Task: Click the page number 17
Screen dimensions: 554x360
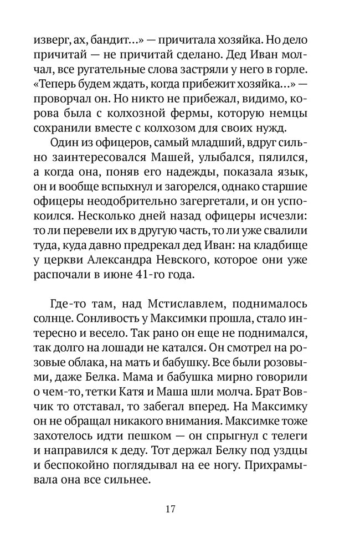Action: pos(171,509)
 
